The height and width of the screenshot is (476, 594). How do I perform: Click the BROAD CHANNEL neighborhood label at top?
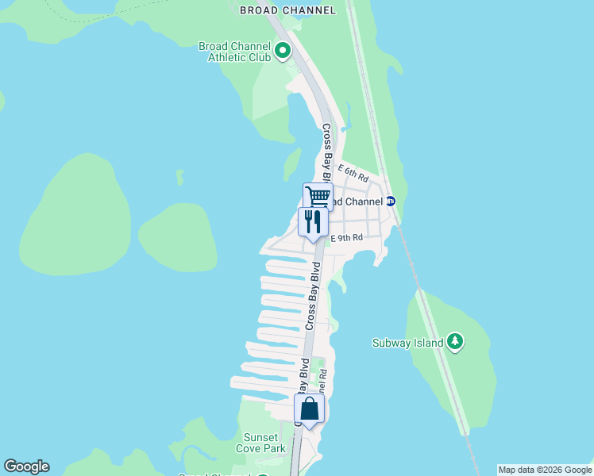pos(287,10)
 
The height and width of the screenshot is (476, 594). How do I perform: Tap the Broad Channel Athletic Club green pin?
pos(283,52)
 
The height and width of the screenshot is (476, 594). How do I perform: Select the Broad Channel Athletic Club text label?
pos(234,52)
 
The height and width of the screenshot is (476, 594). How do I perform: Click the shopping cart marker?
pos(318,196)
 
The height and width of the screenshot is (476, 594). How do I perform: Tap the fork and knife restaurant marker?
pos(312,221)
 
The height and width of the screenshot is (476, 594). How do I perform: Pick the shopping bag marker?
pos(309,409)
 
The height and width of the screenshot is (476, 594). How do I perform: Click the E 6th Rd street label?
pos(353,170)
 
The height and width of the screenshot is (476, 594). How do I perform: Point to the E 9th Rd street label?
pos(346,236)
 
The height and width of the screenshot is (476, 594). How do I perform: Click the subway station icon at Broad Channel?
pos(390,202)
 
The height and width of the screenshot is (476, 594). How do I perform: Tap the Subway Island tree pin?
pos(454,343)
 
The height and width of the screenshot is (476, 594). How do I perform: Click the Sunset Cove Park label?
pos(260,443)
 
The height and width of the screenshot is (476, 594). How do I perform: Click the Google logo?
pos(26,466)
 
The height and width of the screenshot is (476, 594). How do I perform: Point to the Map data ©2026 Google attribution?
pos(545,470)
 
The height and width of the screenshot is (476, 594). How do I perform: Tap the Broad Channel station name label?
pos(355,202)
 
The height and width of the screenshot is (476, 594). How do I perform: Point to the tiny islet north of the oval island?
pos(180,176)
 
